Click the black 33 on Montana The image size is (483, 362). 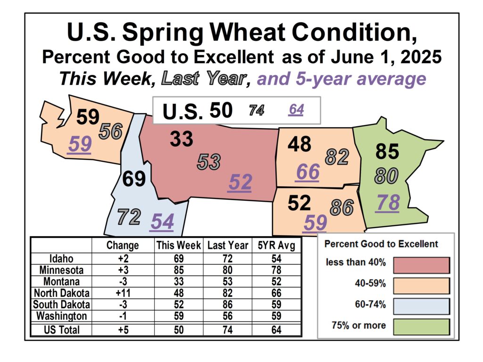tap(182, 139)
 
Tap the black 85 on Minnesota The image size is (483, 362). tap(387, 151)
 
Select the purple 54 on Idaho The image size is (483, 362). tap(162, 222)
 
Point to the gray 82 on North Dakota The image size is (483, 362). tap(337, 157)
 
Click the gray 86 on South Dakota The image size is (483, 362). tap(342, 207)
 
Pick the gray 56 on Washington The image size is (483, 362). tap(110, 132)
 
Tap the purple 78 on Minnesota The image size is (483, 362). tap(388, 203)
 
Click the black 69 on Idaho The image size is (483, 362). tap(134, 179)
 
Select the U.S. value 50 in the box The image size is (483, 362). tap(221, 110)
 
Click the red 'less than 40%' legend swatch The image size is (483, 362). tap(421, 265)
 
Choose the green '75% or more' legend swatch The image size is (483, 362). tap(421, 327)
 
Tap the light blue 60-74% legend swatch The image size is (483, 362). tap(421, 306)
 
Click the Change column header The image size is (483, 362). tap(123, 245)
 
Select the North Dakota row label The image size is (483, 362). tap(62, 293)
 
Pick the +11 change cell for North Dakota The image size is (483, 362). tap(123, 293)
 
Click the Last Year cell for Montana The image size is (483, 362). tap(228, 281)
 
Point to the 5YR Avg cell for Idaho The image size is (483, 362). tap(276, 259)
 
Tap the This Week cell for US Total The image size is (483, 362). tap(179, 329)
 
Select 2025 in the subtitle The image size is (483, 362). tap(421, 57)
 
